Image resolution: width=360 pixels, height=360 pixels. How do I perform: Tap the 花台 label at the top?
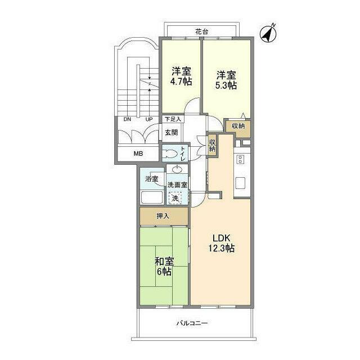[x=201, y=32]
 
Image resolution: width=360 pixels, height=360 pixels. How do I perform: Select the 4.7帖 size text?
[x=181, y=82]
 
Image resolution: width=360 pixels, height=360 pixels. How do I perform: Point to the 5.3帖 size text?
[x=226, y=85]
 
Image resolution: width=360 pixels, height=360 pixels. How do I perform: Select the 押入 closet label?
[x=163, y=216]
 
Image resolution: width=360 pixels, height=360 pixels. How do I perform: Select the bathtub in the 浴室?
[x=151, y=198]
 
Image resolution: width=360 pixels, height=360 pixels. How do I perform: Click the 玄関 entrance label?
[x=171, y=133]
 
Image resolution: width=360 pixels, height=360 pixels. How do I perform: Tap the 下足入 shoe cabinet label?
[x=172, y=119]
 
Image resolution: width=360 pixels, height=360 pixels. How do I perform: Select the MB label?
[x=138, y=154]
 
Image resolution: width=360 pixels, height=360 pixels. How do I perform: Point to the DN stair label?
[x=127, y=119]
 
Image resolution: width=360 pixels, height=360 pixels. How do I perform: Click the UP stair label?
[x=149, y=119]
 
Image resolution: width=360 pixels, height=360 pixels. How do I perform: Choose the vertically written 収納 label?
[x=212, y=145]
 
